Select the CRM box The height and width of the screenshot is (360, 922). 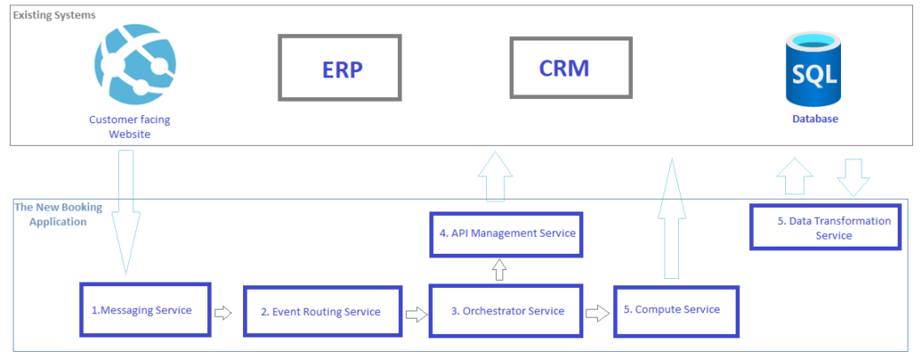coord(563,68)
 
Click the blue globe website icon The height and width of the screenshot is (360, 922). coord(131,62)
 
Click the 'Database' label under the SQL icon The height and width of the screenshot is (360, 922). coord(816,118)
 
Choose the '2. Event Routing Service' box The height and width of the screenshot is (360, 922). coord(320,311)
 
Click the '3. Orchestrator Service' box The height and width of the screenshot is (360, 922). coord(506,310)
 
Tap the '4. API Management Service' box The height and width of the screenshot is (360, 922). coord(506,234)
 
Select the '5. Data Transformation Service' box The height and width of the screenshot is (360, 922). coord(825,227)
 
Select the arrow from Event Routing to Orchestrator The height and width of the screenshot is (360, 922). coord(415,314)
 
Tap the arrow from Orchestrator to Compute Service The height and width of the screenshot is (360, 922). coord(597,313)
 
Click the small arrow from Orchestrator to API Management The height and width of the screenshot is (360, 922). coord(500,269)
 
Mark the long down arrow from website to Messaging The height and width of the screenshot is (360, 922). coord(126,211)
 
